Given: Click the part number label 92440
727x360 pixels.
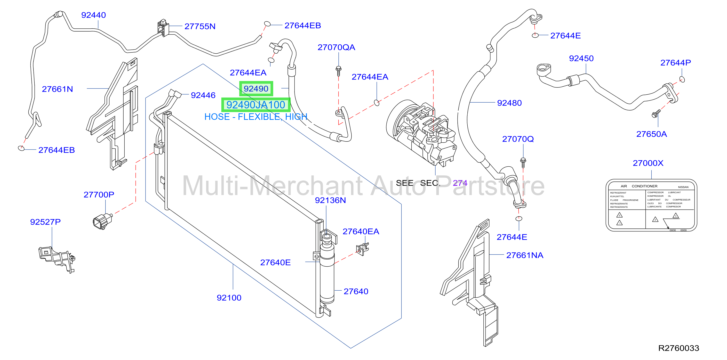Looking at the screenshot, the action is click(x=93, y=15).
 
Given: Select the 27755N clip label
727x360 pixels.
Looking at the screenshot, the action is click(x=200, y=26).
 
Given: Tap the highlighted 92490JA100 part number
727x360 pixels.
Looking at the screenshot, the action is click(x=256, y=105).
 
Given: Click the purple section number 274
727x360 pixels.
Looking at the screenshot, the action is click(x=460, y=183).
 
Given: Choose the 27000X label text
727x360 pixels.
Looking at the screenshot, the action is click(x=648, y=163).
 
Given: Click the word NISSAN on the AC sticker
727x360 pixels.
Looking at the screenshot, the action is click(x=683, y=187).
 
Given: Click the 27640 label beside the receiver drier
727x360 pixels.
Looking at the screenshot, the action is click(x=356, y=291).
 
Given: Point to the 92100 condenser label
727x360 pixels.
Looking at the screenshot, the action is click(x=229, y=298).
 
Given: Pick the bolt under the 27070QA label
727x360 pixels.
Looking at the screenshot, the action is click(x=339, y=71).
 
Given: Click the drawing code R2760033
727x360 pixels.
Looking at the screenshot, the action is click(x=679, y=348).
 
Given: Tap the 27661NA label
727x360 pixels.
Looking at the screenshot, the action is click(x=525, y=255).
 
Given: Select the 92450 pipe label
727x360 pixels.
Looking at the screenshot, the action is click(x=581, y=58).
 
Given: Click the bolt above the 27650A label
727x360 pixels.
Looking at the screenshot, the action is click(x=656, y=114).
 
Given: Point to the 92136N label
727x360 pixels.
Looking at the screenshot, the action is click(x=330, y=200).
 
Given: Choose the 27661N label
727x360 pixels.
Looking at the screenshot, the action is click(x=57, y=89).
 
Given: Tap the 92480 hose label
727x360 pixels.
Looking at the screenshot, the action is click(x=509, y=103).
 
